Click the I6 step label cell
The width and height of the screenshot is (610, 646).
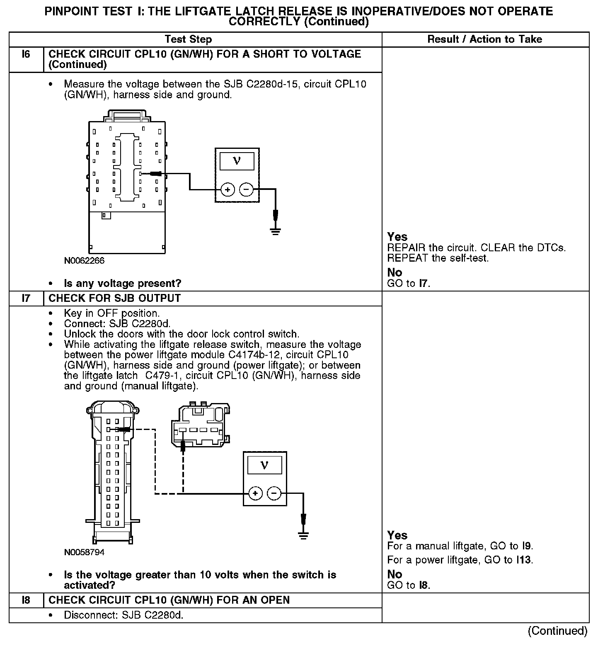(x=26, y=55)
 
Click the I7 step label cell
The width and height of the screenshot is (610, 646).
(x=26, y=299)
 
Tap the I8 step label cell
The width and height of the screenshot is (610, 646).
(x=26, y=600)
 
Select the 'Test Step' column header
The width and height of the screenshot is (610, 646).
(x=188, y=39)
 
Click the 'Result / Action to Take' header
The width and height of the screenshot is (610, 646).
(x=484, y=39)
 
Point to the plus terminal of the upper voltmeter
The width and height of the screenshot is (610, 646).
(x=227, y=190)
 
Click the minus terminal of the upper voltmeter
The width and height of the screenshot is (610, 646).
(x=246, y=190)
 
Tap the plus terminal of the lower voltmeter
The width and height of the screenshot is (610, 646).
(x=255, y=493)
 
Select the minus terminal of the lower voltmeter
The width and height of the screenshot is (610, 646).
(x=274, y=493)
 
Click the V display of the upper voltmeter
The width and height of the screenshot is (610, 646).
(x=237, y=160)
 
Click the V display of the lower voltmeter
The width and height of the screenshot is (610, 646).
(x=264, y=465)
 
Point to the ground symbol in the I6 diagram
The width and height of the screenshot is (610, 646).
(x=275, y=231)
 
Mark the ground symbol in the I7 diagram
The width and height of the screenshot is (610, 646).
(x=303, y=535)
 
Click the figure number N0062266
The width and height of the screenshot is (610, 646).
(x=84, y=261)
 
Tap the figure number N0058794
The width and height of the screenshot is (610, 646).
(x=84, y=552)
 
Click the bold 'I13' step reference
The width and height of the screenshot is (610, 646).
(x=524, y=560)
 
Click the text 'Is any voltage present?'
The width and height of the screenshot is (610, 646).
(x=123, y=284)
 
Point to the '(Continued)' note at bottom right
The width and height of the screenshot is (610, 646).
(x=557, y=631)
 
